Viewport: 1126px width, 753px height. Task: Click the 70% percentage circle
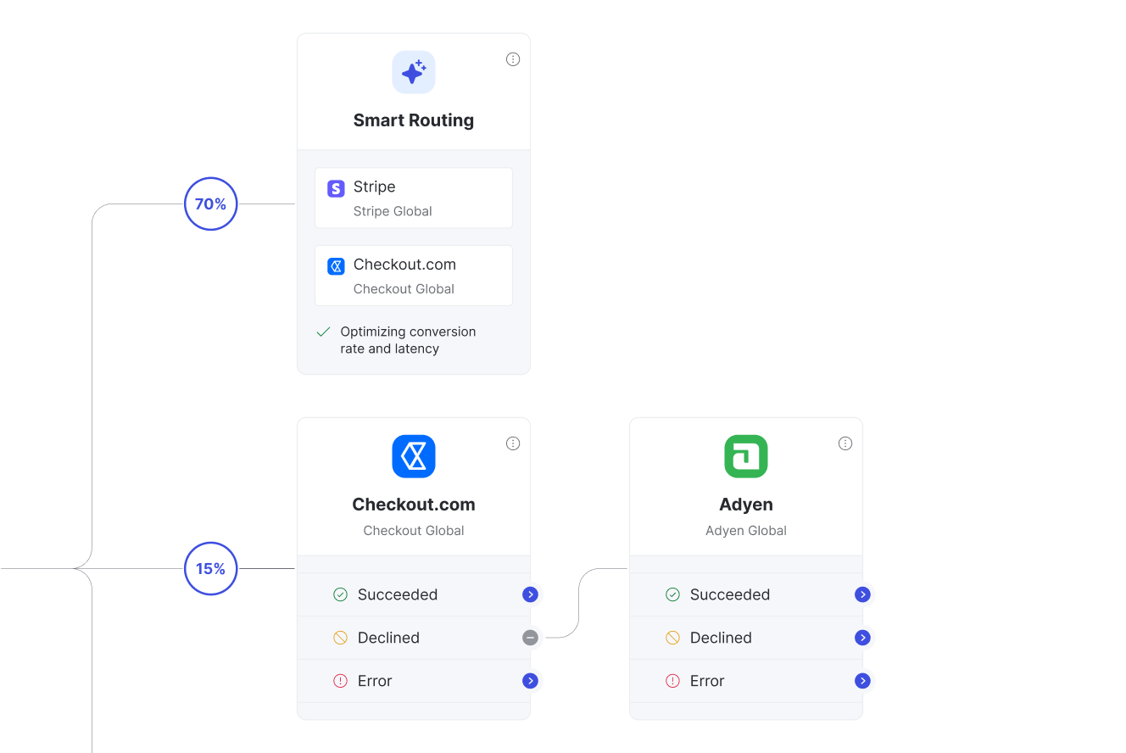pos(210,204)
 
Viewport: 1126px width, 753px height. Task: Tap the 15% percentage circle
pos(210,568)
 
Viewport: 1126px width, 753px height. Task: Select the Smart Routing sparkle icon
pos(414,72)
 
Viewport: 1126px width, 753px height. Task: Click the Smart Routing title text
pos(414,120)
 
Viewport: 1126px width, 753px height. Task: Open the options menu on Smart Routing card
pos(513,59)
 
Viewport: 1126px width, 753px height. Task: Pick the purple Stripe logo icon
pos(336,189)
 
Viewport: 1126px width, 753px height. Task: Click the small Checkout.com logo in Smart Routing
pos(336,266)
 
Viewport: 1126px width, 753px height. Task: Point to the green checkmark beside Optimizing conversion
pos(323,332)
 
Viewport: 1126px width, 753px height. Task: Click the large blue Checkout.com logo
pos(414,456)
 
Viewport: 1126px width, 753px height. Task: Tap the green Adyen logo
pos(746,456)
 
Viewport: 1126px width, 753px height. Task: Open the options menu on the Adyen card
pos(845,443)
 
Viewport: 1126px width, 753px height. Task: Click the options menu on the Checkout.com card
pos(513,443)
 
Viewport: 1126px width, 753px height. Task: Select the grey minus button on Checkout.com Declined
pos(530,638)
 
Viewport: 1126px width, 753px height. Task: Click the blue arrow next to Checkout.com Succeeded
pos(530,594)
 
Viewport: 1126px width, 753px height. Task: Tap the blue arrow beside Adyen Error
pos(862,681)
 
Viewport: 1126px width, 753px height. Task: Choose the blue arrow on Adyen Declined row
pos(862,638)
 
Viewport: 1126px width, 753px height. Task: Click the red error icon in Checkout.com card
pos(340,681)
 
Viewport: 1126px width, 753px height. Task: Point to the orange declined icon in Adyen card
pos(672,638)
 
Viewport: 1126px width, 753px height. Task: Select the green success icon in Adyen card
pos(672,594)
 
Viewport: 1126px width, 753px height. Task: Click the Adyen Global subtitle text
pos(746,531)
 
